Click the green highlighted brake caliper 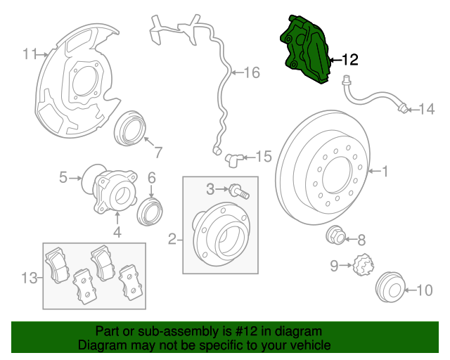click(307, 49)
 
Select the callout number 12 click(349, 60)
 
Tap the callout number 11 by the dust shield click(30, 53)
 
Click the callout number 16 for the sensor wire click(251, 72)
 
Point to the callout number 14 click(427, 109)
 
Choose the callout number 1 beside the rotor click(385, 170)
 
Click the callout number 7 click(158, 152)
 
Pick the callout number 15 click(262, 156)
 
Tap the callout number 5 click(63, 178)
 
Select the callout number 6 click(151, 179)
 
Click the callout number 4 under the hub click(117, 232)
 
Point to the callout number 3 click(210, 188)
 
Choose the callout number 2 click(172, 241)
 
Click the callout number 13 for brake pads click(27, 278)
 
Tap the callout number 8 click(362, 239)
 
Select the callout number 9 click(335, 265)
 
